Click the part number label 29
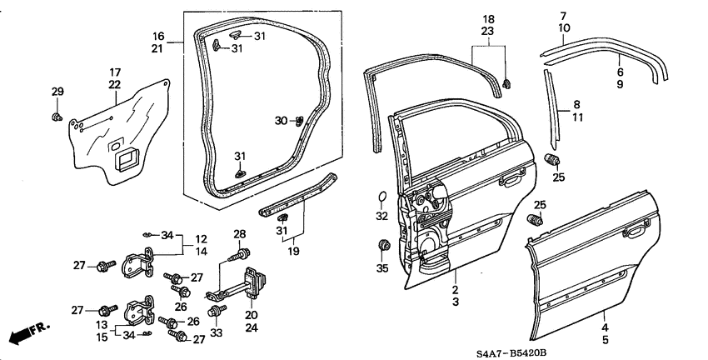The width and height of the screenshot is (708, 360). point(57,91)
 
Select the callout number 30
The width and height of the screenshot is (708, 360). point(281,122)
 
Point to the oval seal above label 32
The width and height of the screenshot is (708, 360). point(382,197)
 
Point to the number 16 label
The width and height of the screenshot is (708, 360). point(157,36)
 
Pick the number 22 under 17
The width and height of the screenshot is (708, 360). point(115,84)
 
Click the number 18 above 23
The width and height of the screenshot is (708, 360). point(488,18)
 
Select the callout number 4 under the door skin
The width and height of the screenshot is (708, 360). point(605,328)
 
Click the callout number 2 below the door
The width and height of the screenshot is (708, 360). point(455,290)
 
